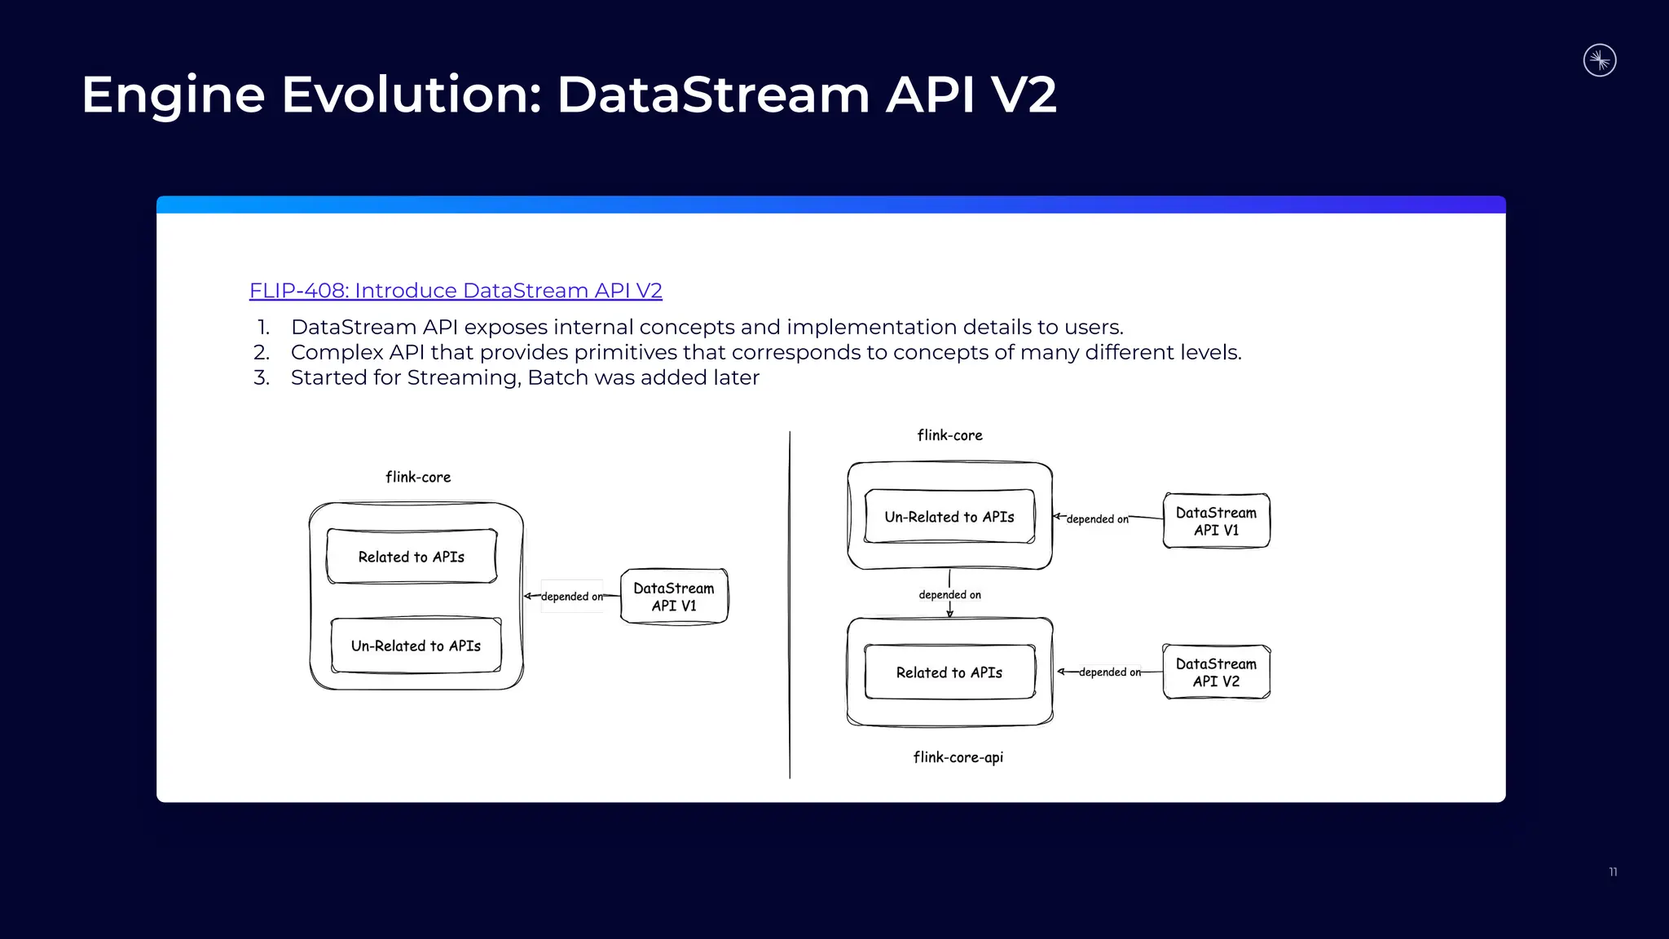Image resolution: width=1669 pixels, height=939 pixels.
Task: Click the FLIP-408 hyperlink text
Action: tap(455, 291)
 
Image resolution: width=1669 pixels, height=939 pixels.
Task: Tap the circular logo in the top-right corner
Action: tap(1600, 60)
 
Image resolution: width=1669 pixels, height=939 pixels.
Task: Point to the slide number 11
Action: tap(1613, 872)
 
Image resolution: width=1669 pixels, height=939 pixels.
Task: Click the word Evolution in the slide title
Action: tap(411, 95)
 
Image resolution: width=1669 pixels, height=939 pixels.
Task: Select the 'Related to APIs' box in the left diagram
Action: tap(412, 557)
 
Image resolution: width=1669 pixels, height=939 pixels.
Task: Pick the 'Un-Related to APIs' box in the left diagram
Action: tap(416, 646)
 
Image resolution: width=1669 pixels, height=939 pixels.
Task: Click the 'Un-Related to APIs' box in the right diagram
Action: tap(949, 517)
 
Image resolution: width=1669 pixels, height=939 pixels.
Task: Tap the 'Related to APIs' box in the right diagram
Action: tap(949, 672)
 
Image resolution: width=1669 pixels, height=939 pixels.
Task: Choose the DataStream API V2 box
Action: tap(1216, 672)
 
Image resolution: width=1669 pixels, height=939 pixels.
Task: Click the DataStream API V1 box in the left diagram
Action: tap(674, 597)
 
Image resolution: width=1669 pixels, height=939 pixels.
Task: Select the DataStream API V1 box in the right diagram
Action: tap(1216, 521)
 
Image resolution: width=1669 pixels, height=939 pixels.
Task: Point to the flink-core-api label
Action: tap(958, 757)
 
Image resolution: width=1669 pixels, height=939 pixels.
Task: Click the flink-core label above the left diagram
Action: tap(418, 477)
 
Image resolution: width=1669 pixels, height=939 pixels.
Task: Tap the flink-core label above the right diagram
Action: tap(949, 435)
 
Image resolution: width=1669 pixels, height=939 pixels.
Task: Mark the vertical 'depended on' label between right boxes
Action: tap(949, 595)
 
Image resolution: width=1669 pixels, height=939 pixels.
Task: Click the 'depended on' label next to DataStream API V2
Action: tap(1109, 672)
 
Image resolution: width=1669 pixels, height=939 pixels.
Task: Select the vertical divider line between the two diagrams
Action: tap(790, 603)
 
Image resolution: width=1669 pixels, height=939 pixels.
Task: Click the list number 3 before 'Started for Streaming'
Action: tap(261, 378)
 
